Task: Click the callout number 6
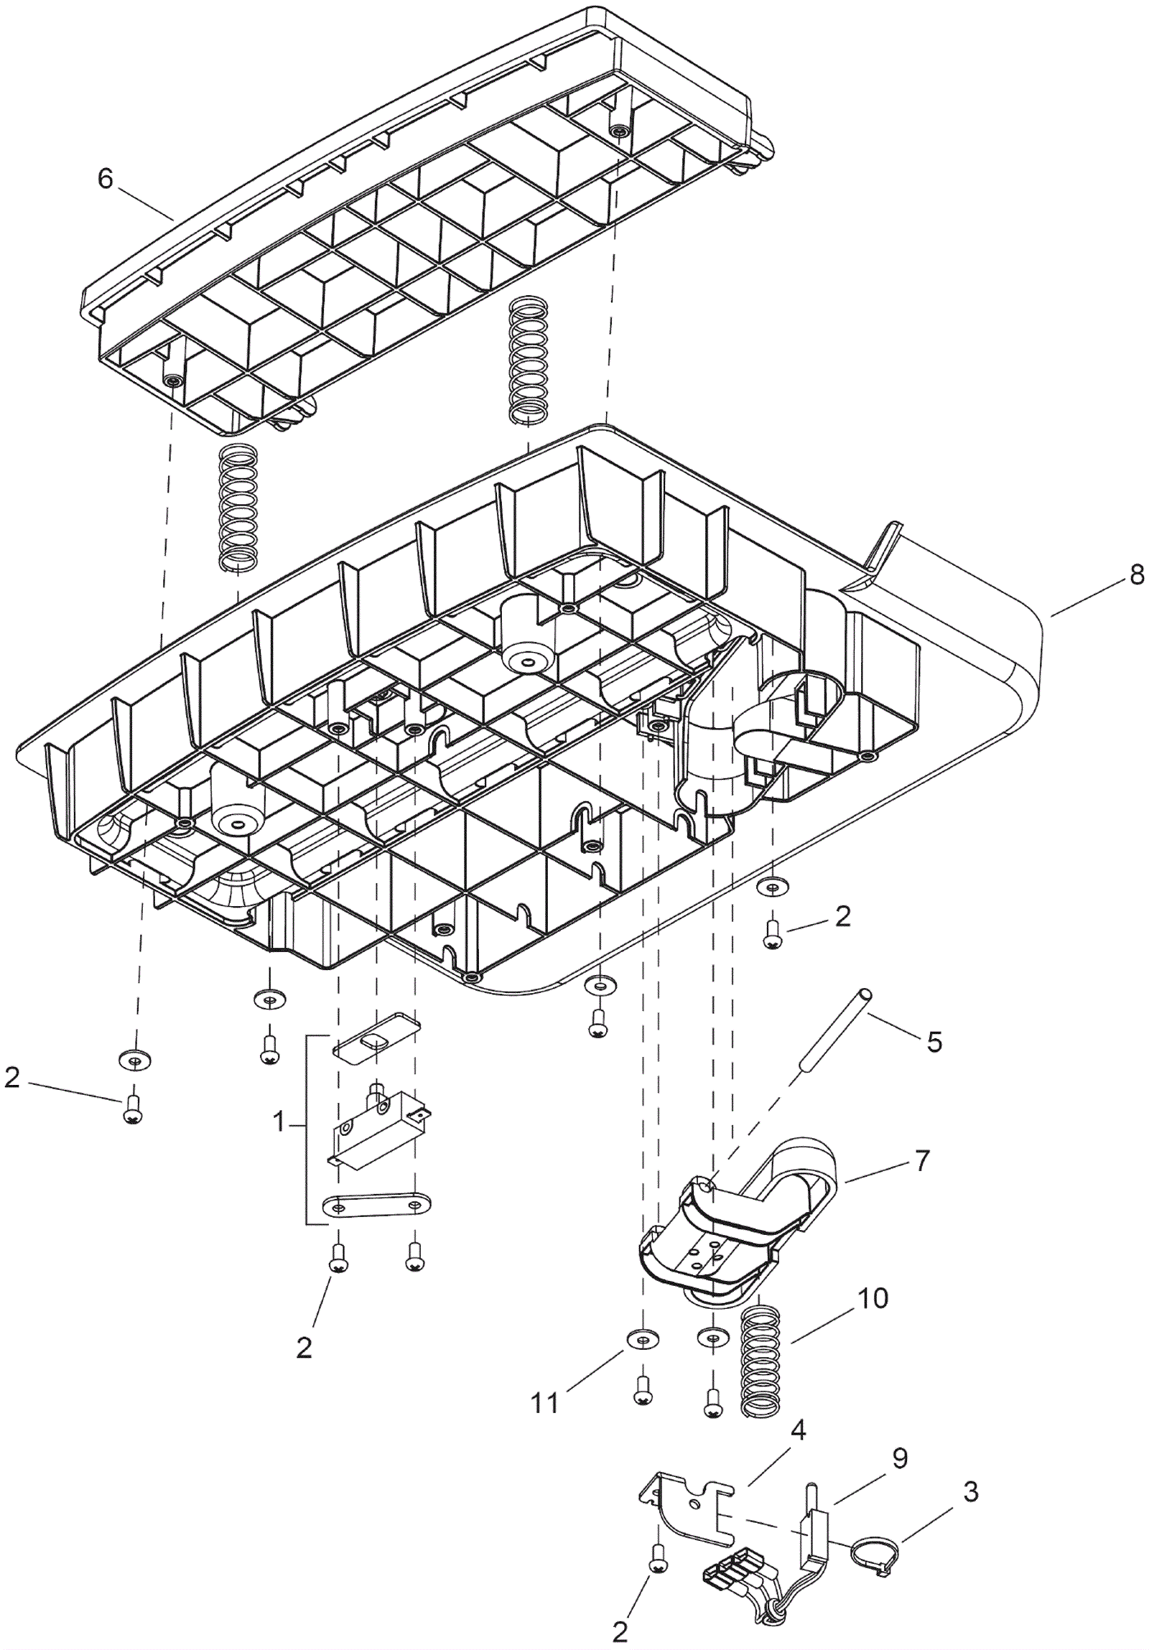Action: [x=106, y=180]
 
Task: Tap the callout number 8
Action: [x=1136, y=577]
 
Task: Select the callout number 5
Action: [x=934, y=1040]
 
